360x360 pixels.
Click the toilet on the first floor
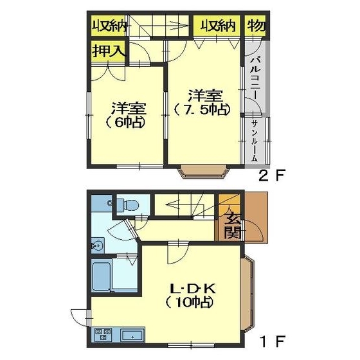pos(127,204)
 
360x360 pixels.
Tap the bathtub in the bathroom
pos(102,276)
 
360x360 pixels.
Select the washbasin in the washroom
pos(98,246)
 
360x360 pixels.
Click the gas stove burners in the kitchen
pos(103,334)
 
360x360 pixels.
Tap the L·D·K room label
pos(193,289)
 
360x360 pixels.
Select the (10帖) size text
pos(189,303)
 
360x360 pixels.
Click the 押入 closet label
pos(109,51)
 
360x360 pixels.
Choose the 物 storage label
pos(256,25)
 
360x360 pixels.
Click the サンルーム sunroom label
pos(255,141)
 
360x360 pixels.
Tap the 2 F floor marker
pos(272,176)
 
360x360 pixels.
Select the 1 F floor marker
pos(273,341)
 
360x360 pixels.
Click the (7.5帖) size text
pos(202,110)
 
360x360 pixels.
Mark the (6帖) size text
pos(125,123)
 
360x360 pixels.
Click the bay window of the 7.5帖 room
pos(204,171)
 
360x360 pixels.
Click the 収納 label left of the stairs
pos(109,26)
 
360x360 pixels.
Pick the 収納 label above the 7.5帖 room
pos(217,26)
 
